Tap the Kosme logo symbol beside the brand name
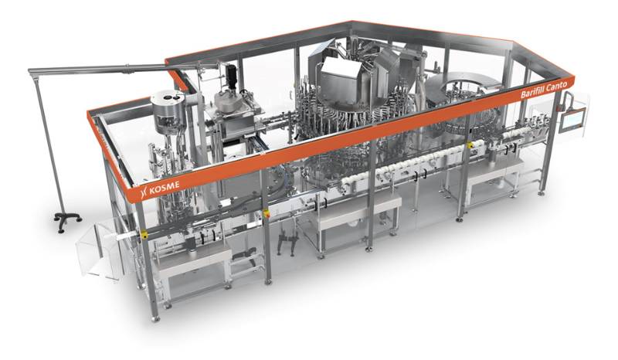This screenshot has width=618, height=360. (x=144, y=192)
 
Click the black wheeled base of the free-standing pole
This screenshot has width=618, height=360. (x=67, y=219)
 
